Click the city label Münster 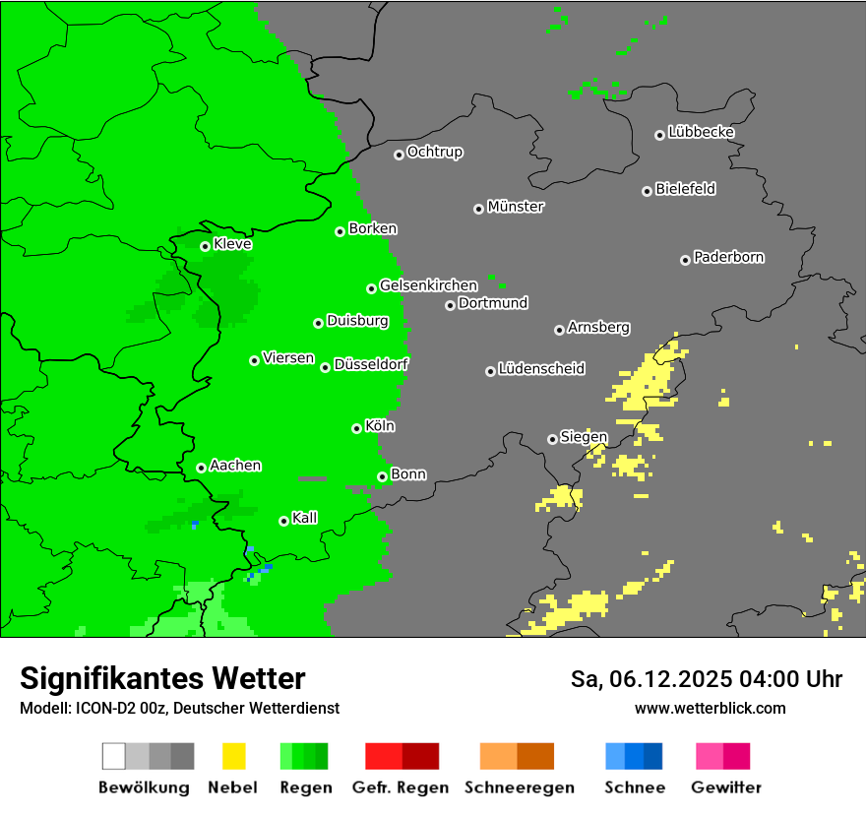(516, 207)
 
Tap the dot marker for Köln (356, 428)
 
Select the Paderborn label (728, 257)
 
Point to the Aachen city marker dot (201, 468)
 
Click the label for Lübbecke (701, 132)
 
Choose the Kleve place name (232, 244)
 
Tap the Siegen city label (584, 437)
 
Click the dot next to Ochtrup (399, 154)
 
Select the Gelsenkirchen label (428, 285)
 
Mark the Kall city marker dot (283, 521)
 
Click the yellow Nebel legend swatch (233, 756)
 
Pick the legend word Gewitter (725, 787)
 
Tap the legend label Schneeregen (520, 787)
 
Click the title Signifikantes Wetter (162, 678)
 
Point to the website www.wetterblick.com (710, 708)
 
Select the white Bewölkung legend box (114, 756)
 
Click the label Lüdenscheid (541, 369)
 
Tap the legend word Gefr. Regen (400, 787)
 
